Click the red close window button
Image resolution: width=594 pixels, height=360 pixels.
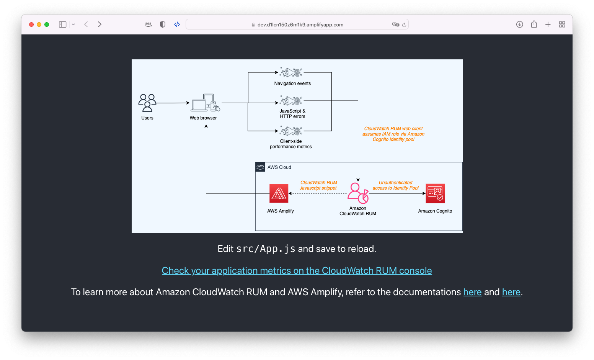[31, 25]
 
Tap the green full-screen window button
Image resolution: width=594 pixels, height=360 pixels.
[47, 25]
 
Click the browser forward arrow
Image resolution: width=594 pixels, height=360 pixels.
[100, 25]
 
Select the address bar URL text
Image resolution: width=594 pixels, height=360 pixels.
[300, 25]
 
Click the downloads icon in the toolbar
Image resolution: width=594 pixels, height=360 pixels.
[519, 25]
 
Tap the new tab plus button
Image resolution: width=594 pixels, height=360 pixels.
[548, 25]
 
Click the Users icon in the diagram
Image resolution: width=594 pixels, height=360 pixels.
[147, 103]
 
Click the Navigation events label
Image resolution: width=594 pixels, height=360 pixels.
[292, 83]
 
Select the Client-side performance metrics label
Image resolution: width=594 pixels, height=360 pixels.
[291, 144]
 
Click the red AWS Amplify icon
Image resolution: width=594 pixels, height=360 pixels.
[279, 193]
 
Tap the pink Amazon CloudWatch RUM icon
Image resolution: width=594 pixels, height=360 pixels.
[358, 193]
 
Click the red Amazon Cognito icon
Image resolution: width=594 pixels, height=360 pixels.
[435, 193]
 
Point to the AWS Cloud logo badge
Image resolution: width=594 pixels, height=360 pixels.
[260, 167]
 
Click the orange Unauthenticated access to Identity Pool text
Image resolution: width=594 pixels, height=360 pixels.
[395, 185]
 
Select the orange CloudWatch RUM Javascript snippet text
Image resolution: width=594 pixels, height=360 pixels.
[318, 185]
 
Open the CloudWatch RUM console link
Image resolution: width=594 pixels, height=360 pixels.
[297, 271]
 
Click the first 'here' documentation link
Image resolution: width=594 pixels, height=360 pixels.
[472, 292]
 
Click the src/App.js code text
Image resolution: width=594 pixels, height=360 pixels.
[266, 249]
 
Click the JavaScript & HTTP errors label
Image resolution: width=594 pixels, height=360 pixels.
[292, 114]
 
